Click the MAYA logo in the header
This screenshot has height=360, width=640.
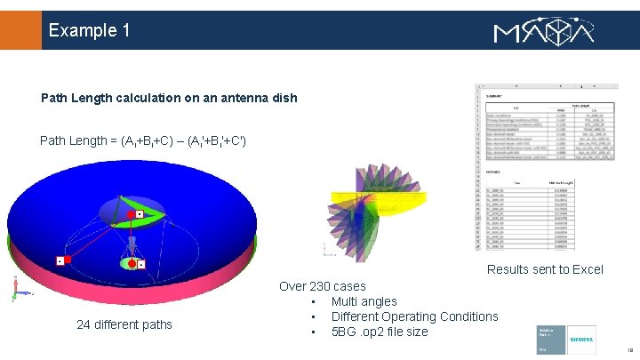[x=543, y=32]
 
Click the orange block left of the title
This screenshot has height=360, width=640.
[x=20, y=30]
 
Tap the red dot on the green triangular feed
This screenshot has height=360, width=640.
[x=131, y=215]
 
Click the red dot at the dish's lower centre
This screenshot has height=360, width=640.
[x=132, y=264]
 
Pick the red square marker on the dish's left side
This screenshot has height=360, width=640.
[x=67, y=260]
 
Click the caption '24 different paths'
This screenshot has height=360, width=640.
[x=124, y=324]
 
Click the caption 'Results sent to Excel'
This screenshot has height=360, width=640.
[x=545, y=269]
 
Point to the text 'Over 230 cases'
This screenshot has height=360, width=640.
[x=322, y=286]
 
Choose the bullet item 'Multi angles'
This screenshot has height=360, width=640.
[x=364, y=301]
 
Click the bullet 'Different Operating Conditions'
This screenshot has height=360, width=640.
[x=414, y=316]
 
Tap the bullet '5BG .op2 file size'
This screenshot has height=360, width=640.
[x=380, y=332]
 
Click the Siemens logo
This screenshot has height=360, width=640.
[x=582, y=340]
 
